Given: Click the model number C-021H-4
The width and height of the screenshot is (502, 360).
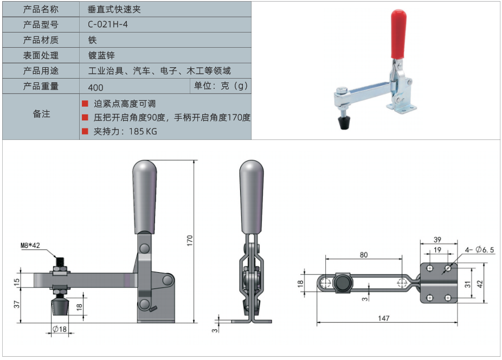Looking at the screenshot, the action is coord(107,24).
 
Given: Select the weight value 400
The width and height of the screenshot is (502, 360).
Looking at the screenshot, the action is coord(95,87).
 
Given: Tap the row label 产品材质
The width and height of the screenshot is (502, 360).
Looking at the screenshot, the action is coord(41,40).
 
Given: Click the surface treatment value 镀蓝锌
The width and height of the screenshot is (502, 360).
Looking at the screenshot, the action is coord(101,55).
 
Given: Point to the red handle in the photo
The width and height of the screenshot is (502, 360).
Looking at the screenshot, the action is coord(398,34).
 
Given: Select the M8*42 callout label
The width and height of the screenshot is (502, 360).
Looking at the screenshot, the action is coord(30,246).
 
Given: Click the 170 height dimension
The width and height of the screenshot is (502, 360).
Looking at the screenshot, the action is coord(190,241).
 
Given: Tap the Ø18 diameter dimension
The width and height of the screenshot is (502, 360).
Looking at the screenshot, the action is coord(60,329).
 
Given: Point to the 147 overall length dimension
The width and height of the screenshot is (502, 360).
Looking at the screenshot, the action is coord(383,318).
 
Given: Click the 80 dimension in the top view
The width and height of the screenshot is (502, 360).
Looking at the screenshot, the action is coord(364,255).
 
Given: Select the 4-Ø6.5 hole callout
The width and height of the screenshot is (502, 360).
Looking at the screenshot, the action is coord(480,249).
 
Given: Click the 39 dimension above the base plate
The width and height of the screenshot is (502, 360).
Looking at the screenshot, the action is coord(437,239).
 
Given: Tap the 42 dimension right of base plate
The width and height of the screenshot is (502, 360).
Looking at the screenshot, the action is coord(480,284).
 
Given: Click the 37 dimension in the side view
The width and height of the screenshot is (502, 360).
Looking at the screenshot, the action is coord(17,304).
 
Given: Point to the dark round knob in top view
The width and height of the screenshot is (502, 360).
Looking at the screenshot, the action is coord(343,283).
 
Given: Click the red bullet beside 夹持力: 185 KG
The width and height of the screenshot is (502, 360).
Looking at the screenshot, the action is coord(85,131).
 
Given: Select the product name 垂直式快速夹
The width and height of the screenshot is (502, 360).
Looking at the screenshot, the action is coord(114,9).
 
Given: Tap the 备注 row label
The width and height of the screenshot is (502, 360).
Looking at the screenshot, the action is coord(41,114).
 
